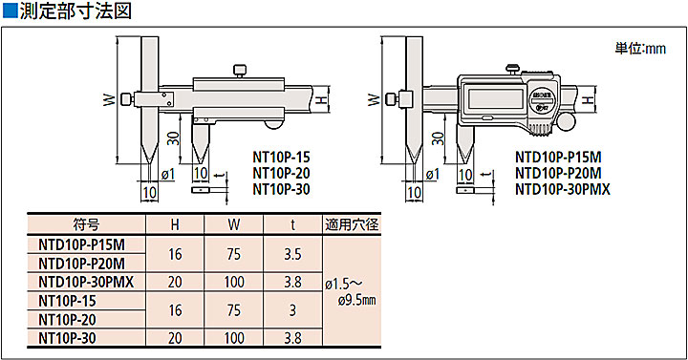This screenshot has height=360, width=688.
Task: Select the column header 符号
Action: (85, 225)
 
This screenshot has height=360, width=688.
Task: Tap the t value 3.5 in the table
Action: (293, 254)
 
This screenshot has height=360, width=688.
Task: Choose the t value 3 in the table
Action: (293, 309)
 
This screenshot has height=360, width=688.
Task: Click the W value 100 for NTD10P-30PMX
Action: (233, 282)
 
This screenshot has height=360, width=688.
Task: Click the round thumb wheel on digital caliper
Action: (568, 122)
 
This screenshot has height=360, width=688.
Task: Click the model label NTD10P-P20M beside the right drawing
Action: (558, 173)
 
